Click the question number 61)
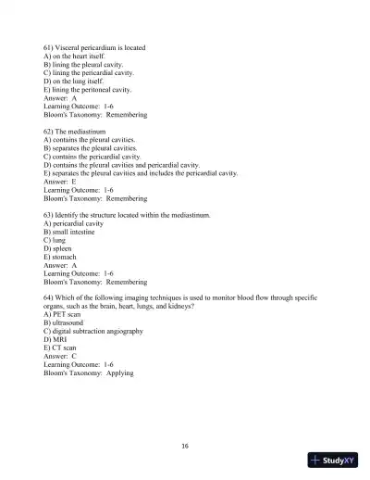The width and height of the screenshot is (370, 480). pyautogui.click(x=50, y=46)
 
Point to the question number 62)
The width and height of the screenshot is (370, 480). pyautogui.click(x=50, y=131)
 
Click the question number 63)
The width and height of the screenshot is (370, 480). pyautogui.click(x=50, y=215)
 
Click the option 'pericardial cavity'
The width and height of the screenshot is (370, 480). pyautogui.click(x=81, y=223)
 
